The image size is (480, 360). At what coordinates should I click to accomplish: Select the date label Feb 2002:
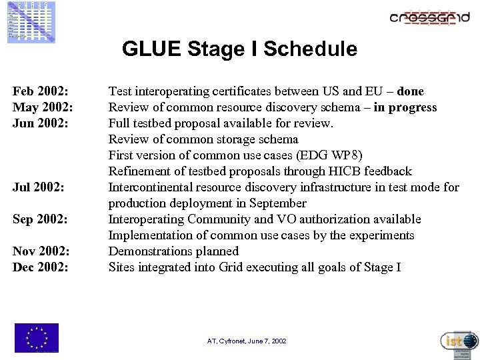point(41,91)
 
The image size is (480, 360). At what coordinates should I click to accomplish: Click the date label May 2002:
point(43,107)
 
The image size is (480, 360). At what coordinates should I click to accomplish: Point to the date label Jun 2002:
point(41,123)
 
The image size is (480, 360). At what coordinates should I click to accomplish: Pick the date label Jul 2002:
point(39,187)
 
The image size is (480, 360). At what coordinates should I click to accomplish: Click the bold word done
point(410,91)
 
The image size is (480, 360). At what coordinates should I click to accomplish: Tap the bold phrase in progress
point(405,107)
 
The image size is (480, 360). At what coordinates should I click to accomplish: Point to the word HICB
point(341,171)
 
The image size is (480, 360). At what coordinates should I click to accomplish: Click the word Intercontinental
point(151,187)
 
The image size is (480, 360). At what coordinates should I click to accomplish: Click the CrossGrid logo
point(430,18)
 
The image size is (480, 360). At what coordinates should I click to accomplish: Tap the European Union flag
point(37,337)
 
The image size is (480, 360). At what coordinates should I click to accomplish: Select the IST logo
point(459,341)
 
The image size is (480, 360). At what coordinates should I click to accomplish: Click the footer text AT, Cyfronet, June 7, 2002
point(247,341)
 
